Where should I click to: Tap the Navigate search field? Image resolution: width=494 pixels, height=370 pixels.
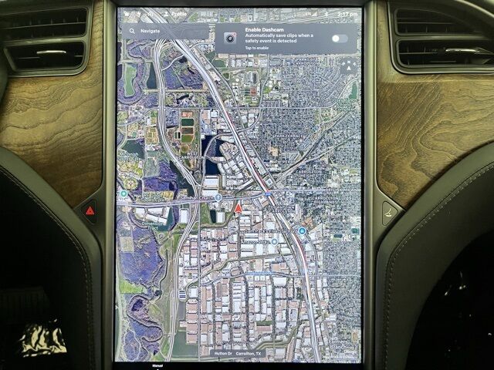tap(166, 32)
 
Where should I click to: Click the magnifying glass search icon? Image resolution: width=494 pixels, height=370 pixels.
tap(132, 32)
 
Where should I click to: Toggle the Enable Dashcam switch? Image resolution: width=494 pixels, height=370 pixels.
tap(338, 39)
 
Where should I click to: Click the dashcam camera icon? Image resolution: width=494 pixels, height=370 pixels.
tap(229, 38)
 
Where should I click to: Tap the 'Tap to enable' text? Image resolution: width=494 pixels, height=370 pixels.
tap(257, 48)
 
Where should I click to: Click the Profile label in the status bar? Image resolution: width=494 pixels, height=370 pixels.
tap(178, 13)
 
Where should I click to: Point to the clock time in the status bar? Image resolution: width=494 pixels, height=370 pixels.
tap(348, 13)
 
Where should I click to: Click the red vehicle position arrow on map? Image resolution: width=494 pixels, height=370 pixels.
tap(239, 208)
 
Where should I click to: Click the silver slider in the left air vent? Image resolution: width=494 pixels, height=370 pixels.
tap(51, 52)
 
